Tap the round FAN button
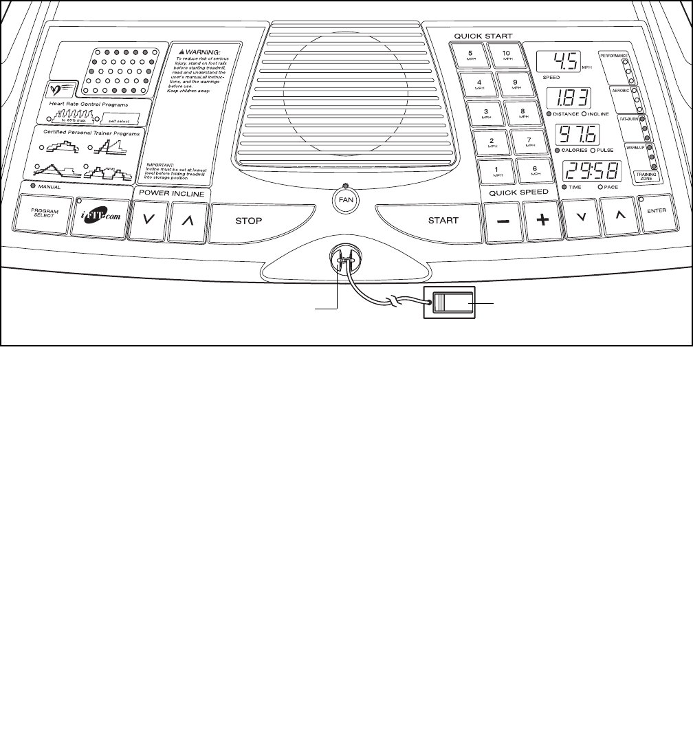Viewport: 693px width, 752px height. [345, 201]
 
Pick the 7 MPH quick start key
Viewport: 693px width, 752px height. [529, 142]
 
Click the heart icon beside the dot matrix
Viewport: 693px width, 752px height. [60, 88]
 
